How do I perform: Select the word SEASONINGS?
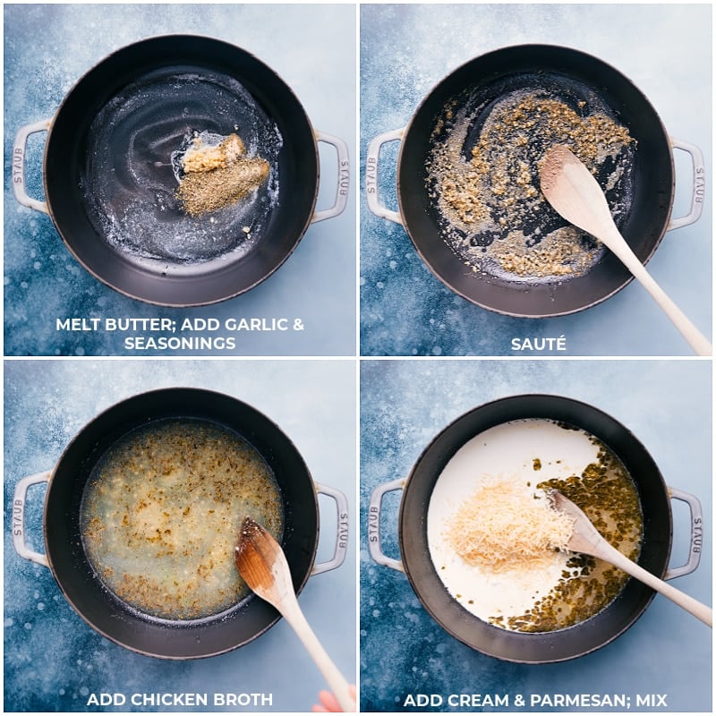180,344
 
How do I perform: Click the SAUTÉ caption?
539,344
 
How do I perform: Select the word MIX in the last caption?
650,700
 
